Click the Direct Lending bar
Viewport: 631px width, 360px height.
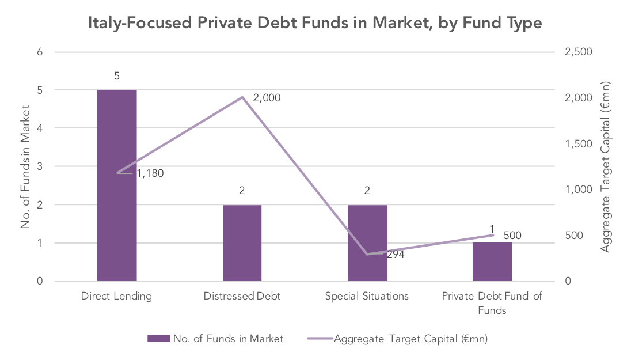click(x=117, y=185)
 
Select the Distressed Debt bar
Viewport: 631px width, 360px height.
click(x=242, y=243)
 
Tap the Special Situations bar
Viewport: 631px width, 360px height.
click(x=367, y=243)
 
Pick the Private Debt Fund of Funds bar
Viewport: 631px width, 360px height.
click(x=492, y=262)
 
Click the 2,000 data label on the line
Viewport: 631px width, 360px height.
click(x=267, y=98)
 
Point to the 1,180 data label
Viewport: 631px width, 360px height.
click(x=150, y=173)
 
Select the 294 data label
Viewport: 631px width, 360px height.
click(x=396, y=255)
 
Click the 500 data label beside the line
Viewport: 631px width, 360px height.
click(x=512, y=235)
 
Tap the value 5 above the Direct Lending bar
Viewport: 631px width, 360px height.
click(x=117, y=76)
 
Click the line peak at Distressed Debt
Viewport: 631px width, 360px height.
click(x=242, y=97)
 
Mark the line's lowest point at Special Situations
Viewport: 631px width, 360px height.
click(x=367, y=254)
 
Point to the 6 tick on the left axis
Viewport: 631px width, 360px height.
click(x=40, y=52)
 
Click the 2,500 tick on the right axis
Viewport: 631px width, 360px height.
click(x=579, y=52)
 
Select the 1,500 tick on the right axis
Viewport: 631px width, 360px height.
click(x=579, y=144)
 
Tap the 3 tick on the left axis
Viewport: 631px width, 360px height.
click(x=40, y=166)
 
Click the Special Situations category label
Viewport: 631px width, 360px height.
click(x=367, y=297)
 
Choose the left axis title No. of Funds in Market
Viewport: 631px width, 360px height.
click(x=25, y=166)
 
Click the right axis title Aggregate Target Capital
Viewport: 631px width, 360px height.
click(x=605, y=166)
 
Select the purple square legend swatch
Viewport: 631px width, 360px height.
click(x=158, y=339)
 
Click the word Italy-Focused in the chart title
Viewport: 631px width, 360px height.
click(x=140, y=22)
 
